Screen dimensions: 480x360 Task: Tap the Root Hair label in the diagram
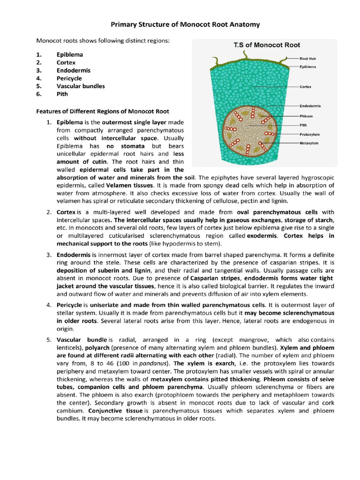(308, 59)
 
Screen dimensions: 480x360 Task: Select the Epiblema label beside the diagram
(308, 67)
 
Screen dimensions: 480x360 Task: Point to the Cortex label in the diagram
(306, 87)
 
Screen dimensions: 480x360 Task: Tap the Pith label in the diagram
(303, 125)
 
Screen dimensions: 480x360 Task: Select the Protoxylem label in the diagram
(309, 134)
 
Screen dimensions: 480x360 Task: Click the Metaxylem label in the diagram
(309, 143)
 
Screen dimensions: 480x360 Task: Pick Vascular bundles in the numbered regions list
(81, 86)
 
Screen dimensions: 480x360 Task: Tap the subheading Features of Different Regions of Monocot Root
(103, 111)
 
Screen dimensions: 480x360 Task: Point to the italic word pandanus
(157, 363)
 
